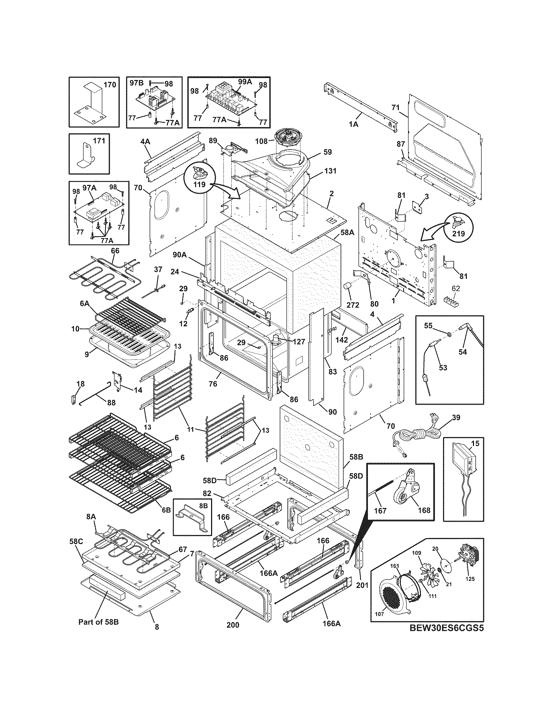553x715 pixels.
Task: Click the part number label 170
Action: [110, 85]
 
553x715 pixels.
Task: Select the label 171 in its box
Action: [99, 141]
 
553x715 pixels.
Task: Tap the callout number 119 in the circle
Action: [199, 184]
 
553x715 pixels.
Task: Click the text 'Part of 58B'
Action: [98, 622]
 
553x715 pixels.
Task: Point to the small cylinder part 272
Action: [347, 289]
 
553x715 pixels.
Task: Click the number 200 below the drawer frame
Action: [233, 625]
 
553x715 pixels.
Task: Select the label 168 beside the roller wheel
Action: [424, 510]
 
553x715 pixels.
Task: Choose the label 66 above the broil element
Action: [115, 251]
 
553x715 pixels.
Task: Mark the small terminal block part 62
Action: [451, 300]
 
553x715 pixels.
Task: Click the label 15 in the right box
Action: [475, 444]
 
